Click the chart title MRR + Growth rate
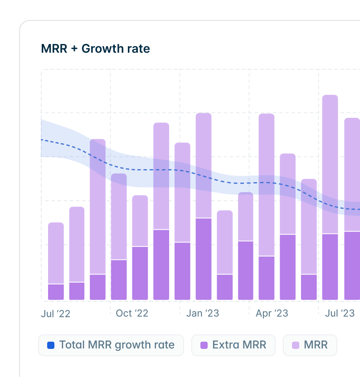pyautogui.click(x=95, y=48)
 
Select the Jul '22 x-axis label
pyautogui.click(x=56, y=314)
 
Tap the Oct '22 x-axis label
pyautogui.click(x=132, y=313)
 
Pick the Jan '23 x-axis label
pyautogui.click(x=203, y=313)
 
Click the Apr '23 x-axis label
pyautogui.click(x=272, y=313)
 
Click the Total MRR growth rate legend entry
pyautogui.click(x=111, y=345)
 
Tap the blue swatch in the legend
pyautogui.click(x=51, y=345)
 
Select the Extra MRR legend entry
pyautogui.click(x=233, y=345)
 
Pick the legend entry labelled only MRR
pyautogui.click(x=310, y=345)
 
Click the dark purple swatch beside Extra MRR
pyautogui.click(x=204, y=345)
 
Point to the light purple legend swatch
pyautogui.click(x=296, y=345)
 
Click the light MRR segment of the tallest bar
pyautogui.click(x=330, y=163)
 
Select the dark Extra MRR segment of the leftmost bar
pyautogui.click(x=56, y=292)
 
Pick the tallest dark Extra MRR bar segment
pyautogui.click(x=204, y=258)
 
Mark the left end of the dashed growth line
pyautogui.click(x=42, y=140)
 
